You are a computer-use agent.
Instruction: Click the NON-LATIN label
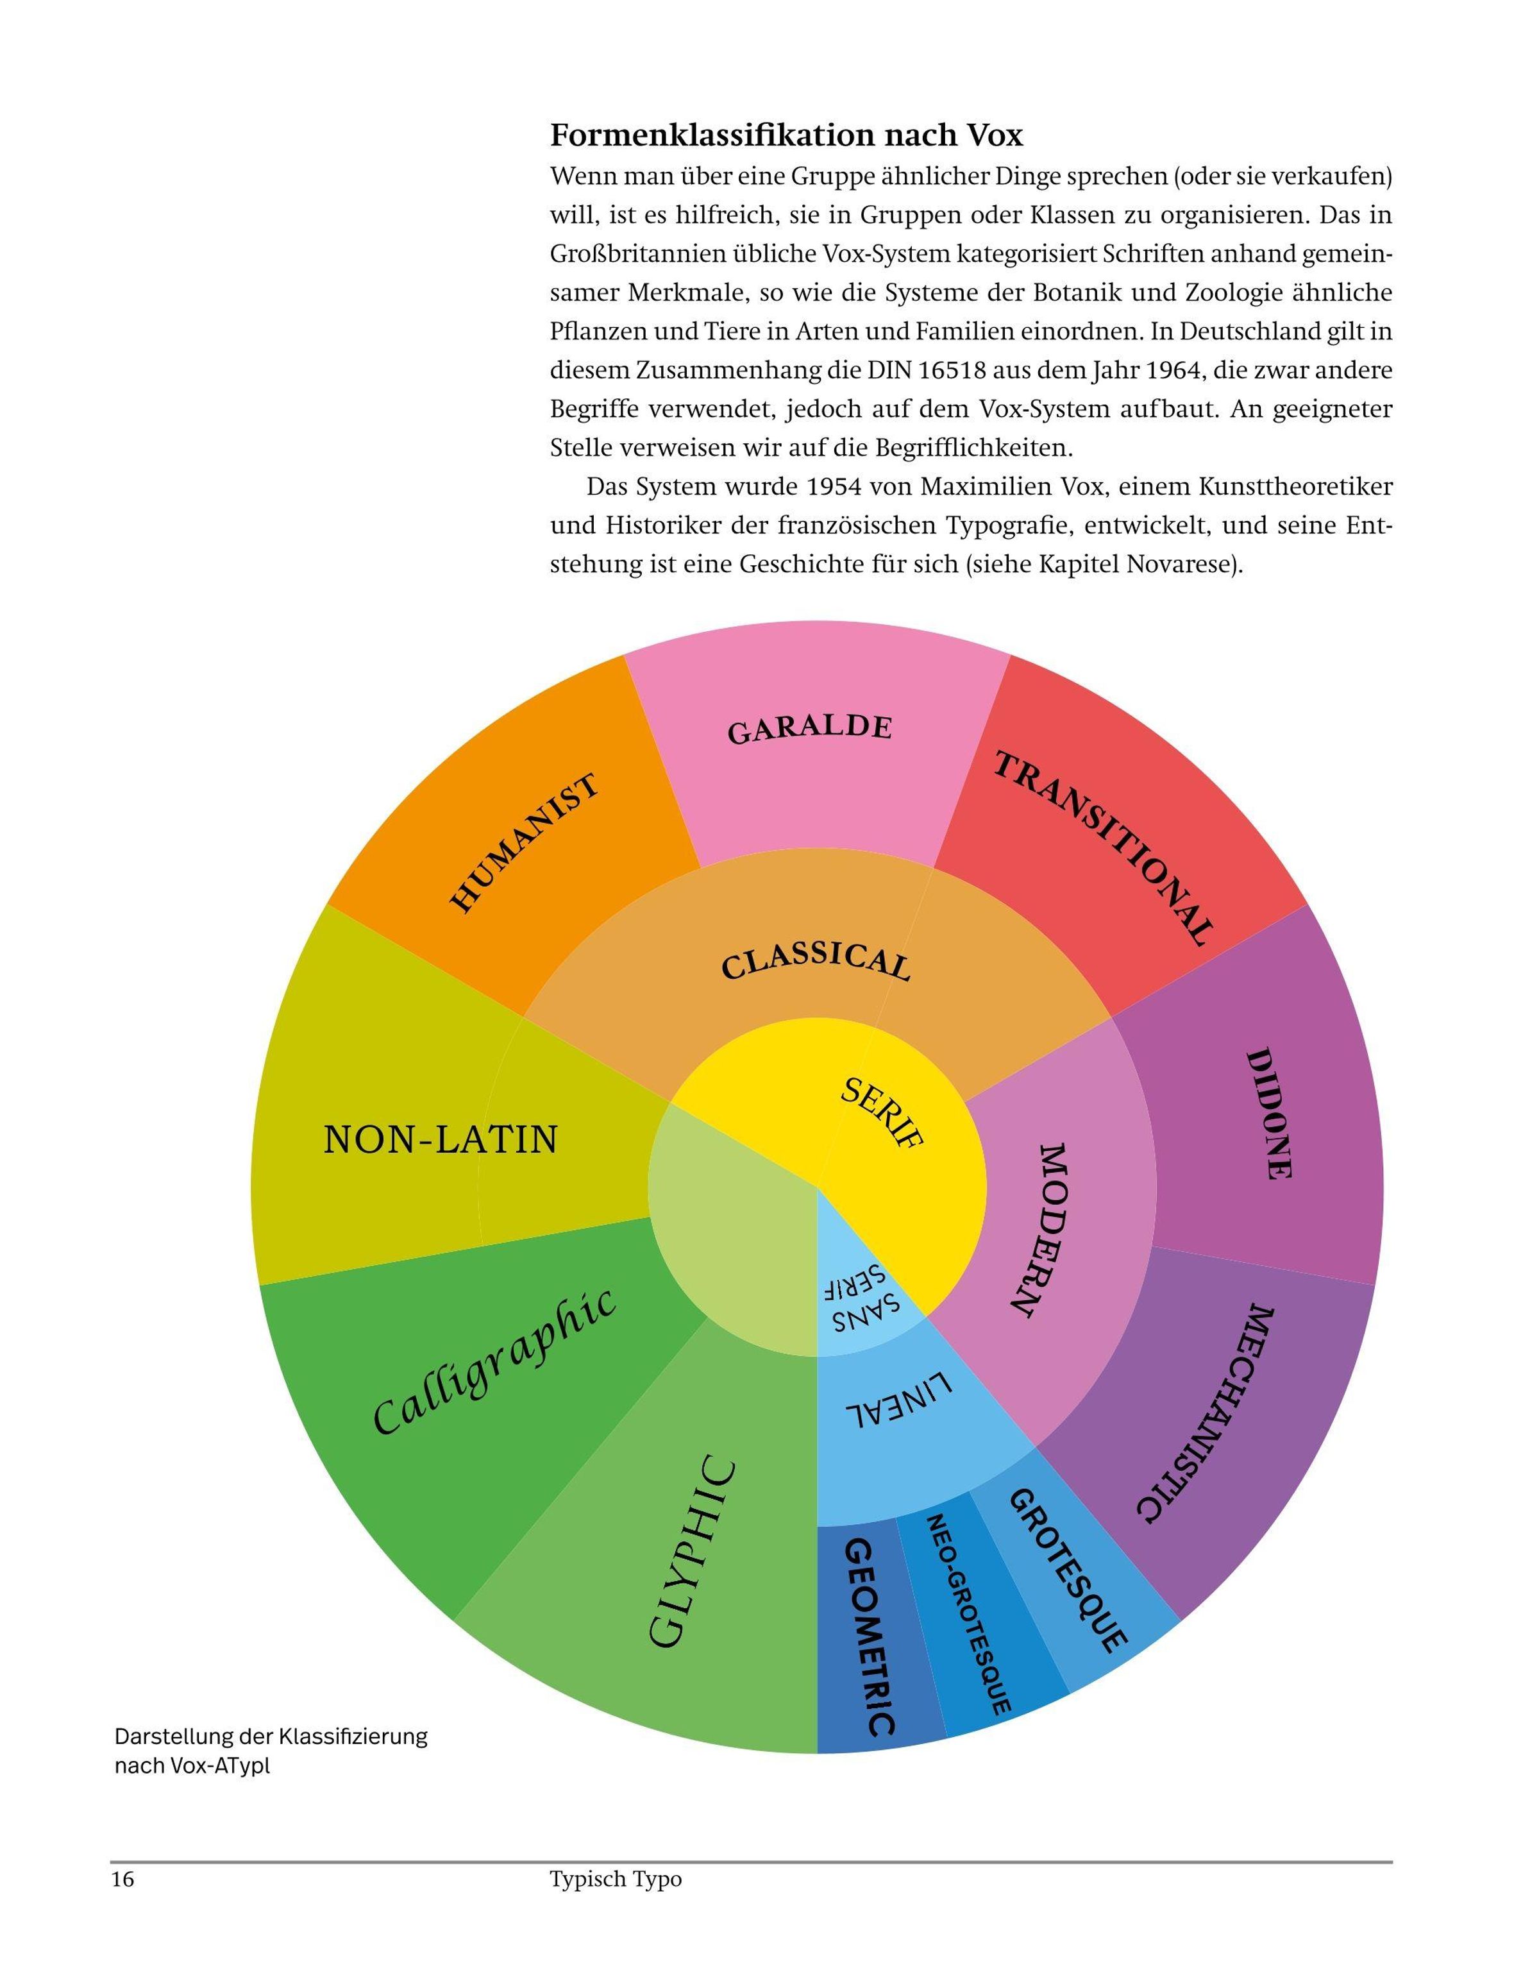pos(441,1140)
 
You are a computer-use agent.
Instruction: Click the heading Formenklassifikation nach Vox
pos(787,135)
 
